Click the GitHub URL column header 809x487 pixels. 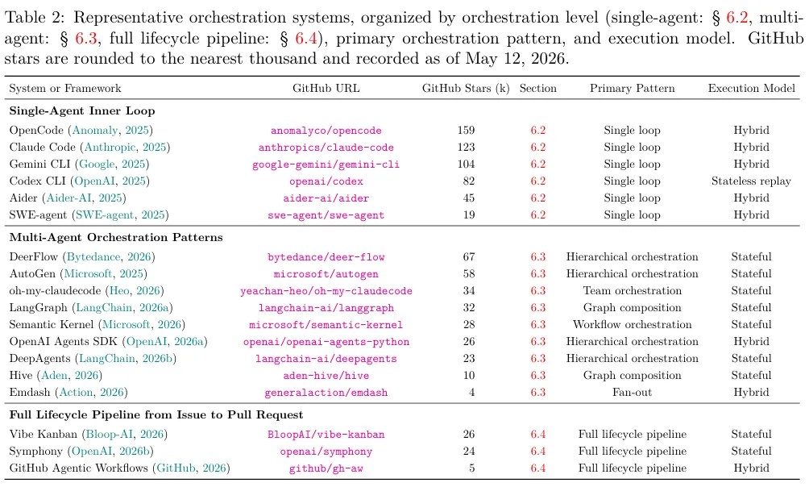tap(326, 89)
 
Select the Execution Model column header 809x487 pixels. tap(751, 89)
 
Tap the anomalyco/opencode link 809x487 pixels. tap(326, 131)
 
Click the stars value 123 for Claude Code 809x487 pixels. tap(466, 148)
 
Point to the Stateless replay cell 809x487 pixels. tap(751, 181)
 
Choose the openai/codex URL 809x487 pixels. tap(326, 181)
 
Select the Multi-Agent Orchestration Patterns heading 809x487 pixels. tap(116, 238)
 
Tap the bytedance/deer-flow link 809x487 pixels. tap(326, 257)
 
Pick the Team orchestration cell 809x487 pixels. tap(632, 291)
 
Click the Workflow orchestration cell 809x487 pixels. tap(632, 325)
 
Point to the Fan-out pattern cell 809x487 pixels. tap(632, 393)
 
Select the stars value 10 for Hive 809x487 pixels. tap(469, 376)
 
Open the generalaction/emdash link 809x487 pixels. tap(326, 393)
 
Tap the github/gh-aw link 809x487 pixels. tap(326, 469)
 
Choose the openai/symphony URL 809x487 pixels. tap(326, 452)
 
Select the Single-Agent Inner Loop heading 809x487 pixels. tap(82, 111)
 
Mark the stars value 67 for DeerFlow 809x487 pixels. tap(469, 257)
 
